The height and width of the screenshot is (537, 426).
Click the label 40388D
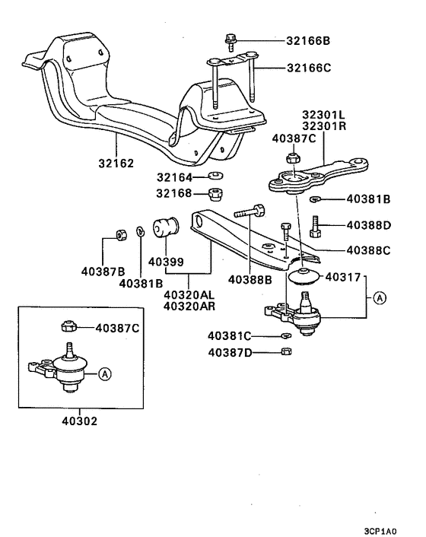[x=369, y=225]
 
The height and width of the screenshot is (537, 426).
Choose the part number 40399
[x=166, y=262]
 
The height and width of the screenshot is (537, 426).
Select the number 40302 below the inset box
[x=81, y=420]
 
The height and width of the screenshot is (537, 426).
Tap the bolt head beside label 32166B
[x=229, y=38]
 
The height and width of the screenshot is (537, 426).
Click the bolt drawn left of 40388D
[x=316, y=226]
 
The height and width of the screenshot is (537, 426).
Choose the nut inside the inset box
[x=67, y=328]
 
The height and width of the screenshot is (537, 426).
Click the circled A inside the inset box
[x=105, y=373]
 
